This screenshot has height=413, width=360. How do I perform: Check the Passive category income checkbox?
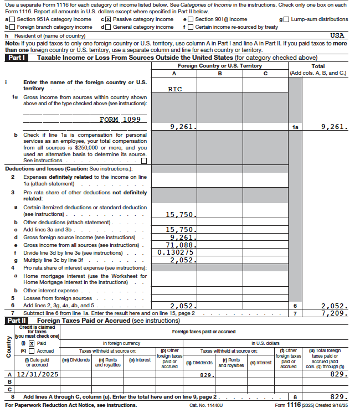click(109, 19)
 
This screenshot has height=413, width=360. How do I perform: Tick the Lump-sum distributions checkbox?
click(287, 19)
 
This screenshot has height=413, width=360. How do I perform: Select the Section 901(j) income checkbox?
click(191, 19)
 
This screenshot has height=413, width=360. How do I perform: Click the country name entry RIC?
click(174, 89)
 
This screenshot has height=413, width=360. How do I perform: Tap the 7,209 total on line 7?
click(334, 313)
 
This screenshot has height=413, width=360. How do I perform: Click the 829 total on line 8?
click(338, 397)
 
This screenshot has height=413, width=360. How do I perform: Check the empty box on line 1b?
click(144, 161)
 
